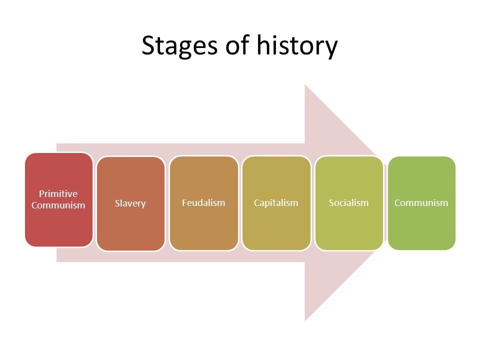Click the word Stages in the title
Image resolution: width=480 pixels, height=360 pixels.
click(x=179, y=46)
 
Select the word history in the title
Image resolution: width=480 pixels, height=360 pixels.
click(x=297, y=46)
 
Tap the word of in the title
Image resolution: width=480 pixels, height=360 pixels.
click(x=237, y=44)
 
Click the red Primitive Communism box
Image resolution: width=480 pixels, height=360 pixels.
click(x=58, y=199)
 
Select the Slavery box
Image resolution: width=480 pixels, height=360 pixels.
click(x=130, y=203)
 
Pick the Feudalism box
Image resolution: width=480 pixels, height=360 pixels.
click(x=203, y=203)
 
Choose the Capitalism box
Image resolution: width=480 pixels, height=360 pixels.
click(x=276, y=203)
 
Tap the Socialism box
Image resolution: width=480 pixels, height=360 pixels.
click(x=349, y=203)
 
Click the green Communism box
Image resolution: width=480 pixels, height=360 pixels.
click(x=421, y=203)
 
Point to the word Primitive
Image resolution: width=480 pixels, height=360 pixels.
click(x=58, y=194)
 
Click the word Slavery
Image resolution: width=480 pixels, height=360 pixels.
click(x=130, y=203)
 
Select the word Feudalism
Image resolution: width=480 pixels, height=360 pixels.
click(x=203, y=202)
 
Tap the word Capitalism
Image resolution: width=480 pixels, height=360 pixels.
click(x=276, y=203)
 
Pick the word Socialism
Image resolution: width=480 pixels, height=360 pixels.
click(x=348, y=202)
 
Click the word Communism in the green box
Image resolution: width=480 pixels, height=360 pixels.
click(x=421, y=202)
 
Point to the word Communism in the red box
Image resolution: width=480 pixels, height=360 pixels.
click(x=58, y=205)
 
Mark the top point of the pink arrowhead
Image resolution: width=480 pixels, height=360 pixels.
click(x=305, y=85)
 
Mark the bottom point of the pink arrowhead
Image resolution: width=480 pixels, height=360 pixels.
click(x=305, y=321)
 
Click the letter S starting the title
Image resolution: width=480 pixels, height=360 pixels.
click(x=149, y=45)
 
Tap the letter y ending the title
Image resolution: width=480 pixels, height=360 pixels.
click(x=330, y=49)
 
